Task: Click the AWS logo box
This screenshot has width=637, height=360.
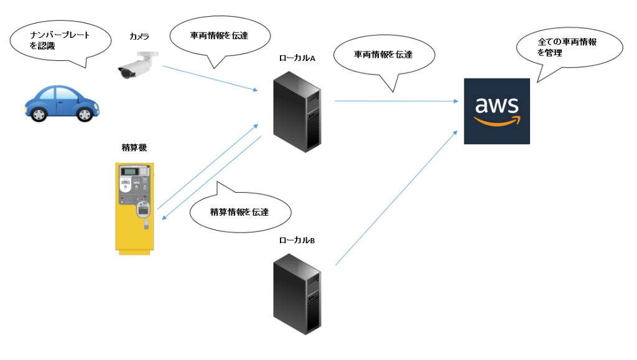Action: tap(496, 111)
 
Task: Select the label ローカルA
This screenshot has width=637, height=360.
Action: tap(297, 58)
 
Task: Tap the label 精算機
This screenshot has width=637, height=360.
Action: tap(134, 147)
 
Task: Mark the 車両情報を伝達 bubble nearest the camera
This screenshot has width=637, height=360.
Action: tap(219, 35)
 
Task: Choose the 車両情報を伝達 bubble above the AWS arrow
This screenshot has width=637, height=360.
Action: tap(383, 55)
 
